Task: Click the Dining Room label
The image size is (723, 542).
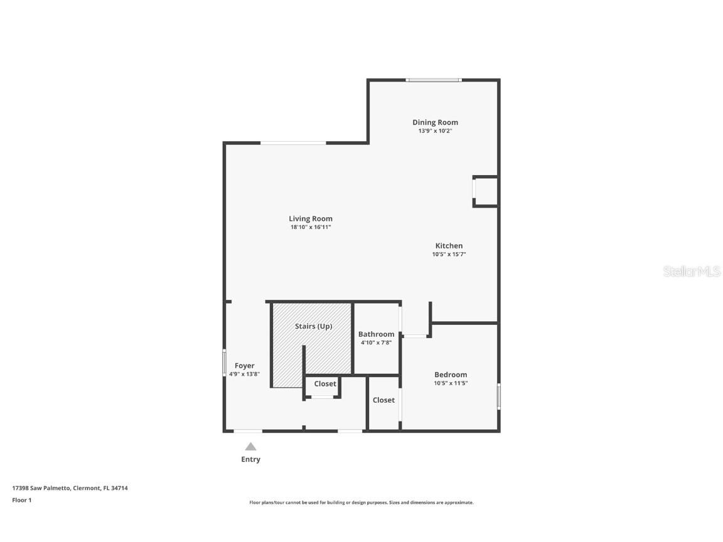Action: coord(435,122)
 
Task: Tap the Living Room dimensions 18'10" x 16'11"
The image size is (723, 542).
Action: coord(310,227)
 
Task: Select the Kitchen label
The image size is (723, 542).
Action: coord(449,246)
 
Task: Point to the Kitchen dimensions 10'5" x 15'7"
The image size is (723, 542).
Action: coord(449,255)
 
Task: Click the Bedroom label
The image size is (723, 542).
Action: coord(451,375)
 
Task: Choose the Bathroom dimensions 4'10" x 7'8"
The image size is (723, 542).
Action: coord(376,343)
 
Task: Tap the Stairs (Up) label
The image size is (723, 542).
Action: coord(313,326)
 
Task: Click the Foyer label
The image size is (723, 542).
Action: coord(244,366)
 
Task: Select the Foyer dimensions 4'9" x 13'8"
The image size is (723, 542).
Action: coord(244,374)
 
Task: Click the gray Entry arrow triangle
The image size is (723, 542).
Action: coord(250,447)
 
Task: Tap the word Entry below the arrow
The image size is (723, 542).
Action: coord(250,459)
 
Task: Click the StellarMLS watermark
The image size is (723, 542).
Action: coord(691,272)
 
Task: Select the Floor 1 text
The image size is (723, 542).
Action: coord(21,500)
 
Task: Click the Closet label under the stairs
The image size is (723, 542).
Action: coord(325,384)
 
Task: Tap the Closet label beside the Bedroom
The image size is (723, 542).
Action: coord(383,400)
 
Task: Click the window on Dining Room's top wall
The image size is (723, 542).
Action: coord(433,80)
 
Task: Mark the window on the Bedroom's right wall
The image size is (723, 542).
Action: coord(499,396)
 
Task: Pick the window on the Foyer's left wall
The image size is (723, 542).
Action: coord(224,363)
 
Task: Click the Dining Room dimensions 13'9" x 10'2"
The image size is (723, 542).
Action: coord(435,131)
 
